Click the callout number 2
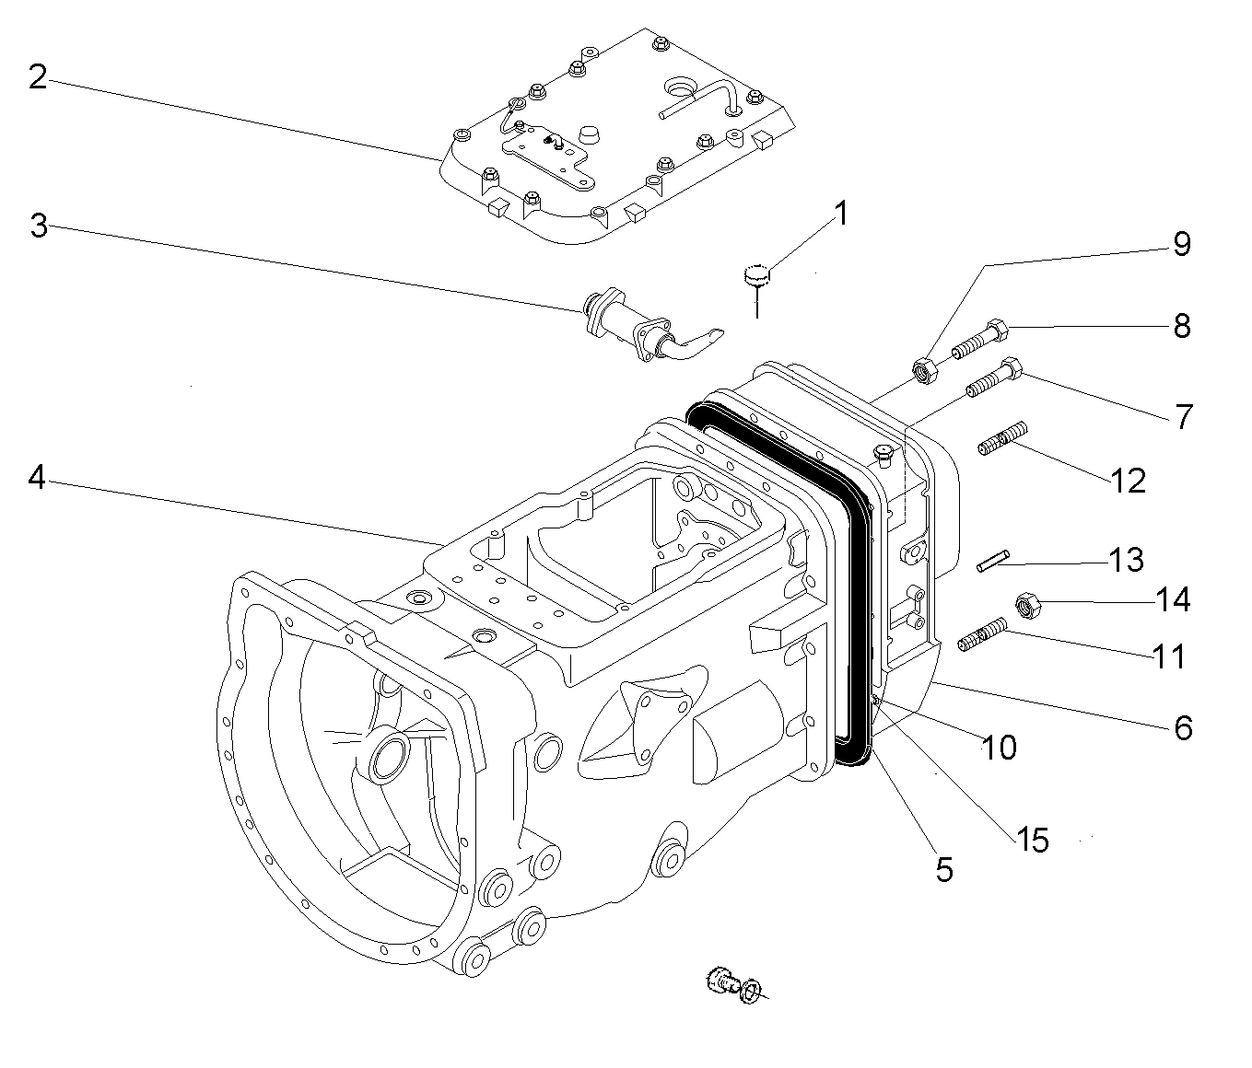click(x=37, y=77)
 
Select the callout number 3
click(x=39, y=226)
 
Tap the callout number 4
click(x=37, y=478)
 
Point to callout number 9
click(x=1181, y=244)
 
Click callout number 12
click(x=1128, y=480)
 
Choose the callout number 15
click(x=1033, y=839)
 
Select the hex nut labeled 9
click(x=924, y=370)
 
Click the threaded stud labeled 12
click(x=1000, y=437)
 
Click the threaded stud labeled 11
click(x=982, y=636)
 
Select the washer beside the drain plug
click(x=752, y=991)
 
